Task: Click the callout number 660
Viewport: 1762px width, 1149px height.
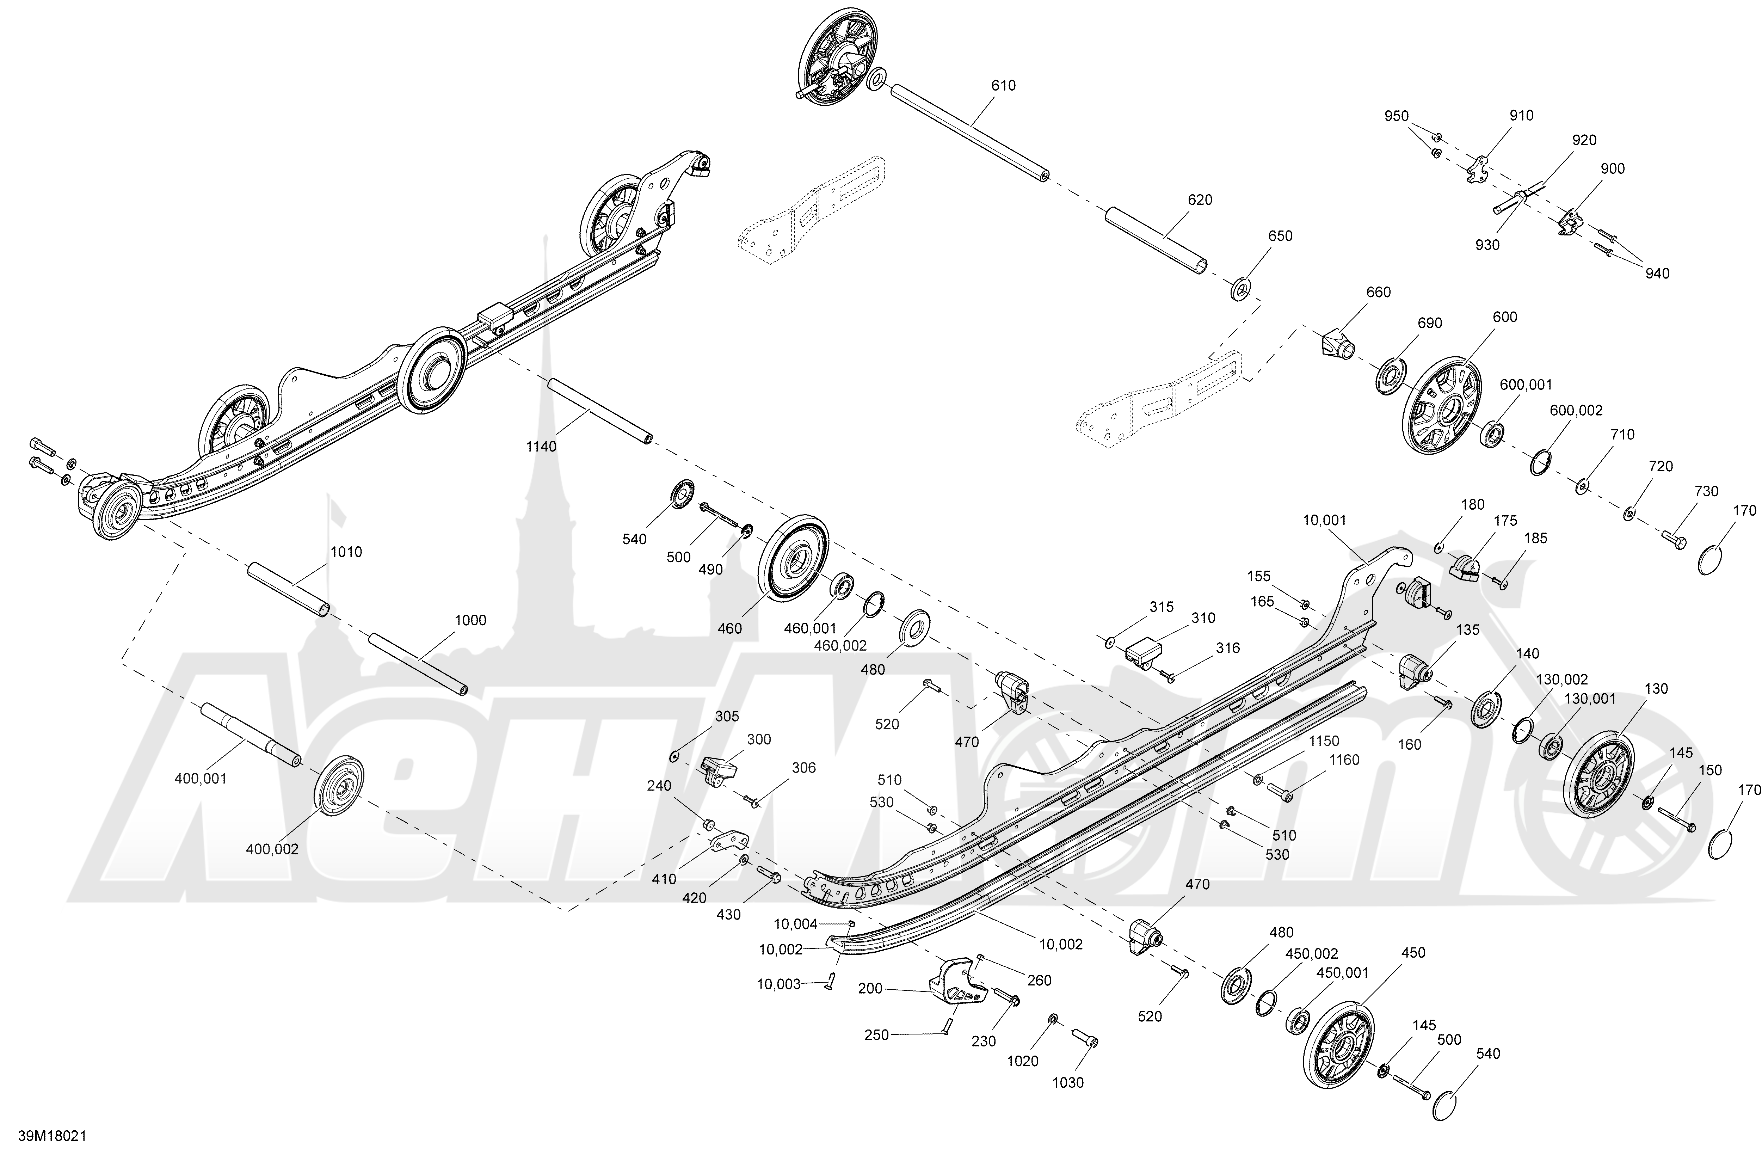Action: point(1379,293)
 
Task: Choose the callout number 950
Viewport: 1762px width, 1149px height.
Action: point(1397,116)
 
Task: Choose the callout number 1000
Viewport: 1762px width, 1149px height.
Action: point(471,620)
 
